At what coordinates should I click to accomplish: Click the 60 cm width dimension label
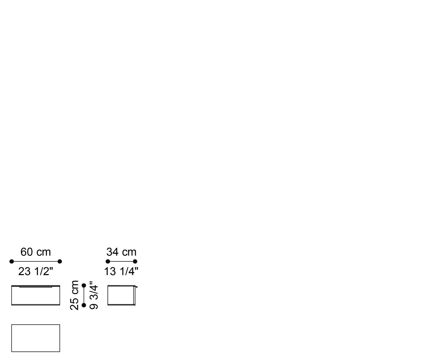(x=35, y=252)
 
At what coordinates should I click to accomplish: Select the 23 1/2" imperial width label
(x=35, y=271)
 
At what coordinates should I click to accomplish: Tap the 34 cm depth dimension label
(x=121, y=252)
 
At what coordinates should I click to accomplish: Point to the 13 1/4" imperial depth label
(x=121, y=271)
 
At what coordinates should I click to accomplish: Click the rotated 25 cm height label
(x=75, y=295)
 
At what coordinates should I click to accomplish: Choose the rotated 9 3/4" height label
(x=94, y=295)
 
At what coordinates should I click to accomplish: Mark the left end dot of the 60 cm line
(x=11, y=261)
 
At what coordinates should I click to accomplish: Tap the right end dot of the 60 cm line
(x=60, y=261)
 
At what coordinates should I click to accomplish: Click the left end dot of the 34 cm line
(x=108, y=261)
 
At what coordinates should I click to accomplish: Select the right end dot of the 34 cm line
(x=135, y=261)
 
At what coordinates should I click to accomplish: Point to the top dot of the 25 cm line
(x=84, y=285)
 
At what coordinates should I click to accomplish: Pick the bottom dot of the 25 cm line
(x=84, y=305)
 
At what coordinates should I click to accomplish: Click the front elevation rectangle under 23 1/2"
(x=35, y=296)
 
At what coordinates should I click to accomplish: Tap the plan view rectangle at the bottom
(x=35, y=338)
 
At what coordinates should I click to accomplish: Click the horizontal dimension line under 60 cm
(x=35, y=261)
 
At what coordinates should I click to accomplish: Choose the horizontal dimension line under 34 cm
(x=121, y=261)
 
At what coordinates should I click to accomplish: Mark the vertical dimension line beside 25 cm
(x=84, y=295)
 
